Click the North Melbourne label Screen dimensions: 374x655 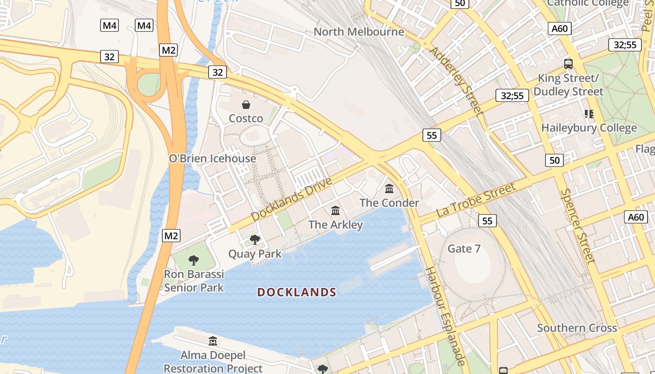point(359,32)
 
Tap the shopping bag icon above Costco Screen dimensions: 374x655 point(246,105)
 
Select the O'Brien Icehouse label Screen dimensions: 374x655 point(212,158)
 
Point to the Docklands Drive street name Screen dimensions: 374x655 point(291,199)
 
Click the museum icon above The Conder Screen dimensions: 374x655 point(389,189)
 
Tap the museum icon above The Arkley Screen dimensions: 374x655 point(335,211)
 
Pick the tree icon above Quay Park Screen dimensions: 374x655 point(255,240)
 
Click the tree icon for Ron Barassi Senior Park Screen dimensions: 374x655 point(194,260)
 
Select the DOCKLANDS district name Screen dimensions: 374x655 point(297,293)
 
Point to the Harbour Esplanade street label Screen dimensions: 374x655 point(445,316)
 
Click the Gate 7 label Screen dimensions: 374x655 point(464,249)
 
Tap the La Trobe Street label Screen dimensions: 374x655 point(476,200)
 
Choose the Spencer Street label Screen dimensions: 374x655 point(578,226)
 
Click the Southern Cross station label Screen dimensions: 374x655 point(577,328)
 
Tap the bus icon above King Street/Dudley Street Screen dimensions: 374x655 point(568,64)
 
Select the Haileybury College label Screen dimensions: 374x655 point(589,128)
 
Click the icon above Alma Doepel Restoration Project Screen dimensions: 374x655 point(213,341)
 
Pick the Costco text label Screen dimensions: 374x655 point(246,119)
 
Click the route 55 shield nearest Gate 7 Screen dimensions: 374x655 point(488,221)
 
